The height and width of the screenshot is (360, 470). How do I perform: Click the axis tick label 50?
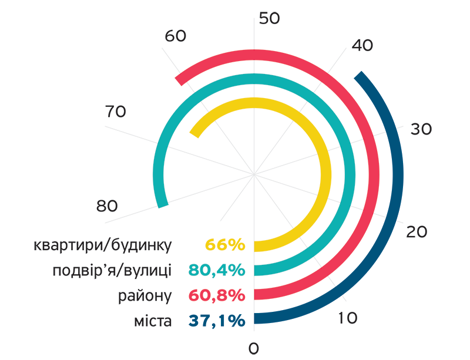(270, 18)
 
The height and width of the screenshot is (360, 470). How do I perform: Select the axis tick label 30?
(421, 129)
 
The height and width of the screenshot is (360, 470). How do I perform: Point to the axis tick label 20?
(417, 232)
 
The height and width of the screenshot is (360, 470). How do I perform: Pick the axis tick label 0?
(254, 348)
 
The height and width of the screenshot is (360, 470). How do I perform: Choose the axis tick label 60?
(175, 36)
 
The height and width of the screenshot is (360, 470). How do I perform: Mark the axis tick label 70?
(116, 110)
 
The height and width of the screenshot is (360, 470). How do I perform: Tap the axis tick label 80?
(107, 206)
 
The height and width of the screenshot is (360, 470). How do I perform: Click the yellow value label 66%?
(224, 245)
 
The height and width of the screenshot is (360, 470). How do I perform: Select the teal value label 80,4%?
(216, 270)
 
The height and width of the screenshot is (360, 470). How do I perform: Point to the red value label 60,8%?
(216, 295)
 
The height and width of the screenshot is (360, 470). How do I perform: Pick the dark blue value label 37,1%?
(216, 321)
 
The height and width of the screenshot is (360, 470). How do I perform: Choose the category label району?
(145, 295)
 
